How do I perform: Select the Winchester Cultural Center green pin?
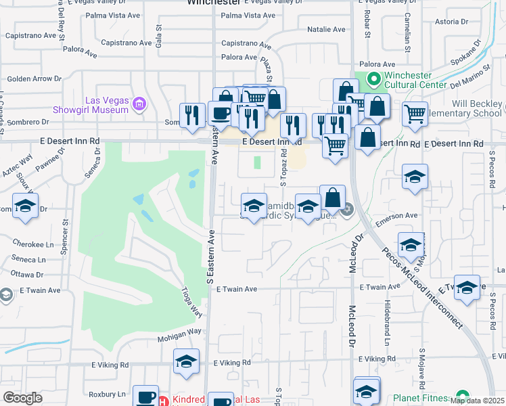coord(372,80)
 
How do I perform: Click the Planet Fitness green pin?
coord(463,396)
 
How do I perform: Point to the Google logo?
coord(22,398)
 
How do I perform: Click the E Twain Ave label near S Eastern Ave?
coord(237,289)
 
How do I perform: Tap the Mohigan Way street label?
coord(180,332)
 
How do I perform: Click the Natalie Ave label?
coord(326,30)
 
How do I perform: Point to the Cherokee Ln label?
coord(32,245)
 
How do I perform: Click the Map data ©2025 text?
coord(477,401)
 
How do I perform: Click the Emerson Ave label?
coord(402,215)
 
